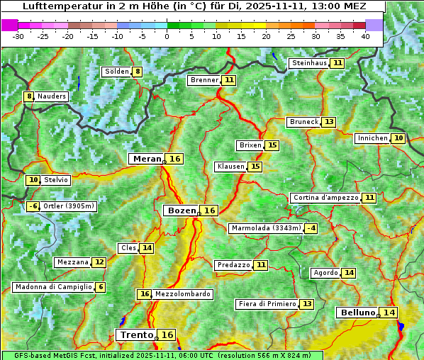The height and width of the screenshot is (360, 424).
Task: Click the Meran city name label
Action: click(147, 159)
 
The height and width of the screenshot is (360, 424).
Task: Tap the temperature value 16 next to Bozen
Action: click(209, 210)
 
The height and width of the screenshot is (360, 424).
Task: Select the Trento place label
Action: click(136, 334)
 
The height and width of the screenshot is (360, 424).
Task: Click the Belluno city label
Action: click(357, 313)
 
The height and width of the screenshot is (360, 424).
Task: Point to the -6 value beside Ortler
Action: click(33, 206)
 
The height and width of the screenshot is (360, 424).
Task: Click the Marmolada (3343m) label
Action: click(266, 228)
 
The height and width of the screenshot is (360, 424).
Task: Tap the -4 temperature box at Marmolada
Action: click(311, 228)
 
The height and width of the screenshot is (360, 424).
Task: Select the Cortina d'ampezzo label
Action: click(325, 198)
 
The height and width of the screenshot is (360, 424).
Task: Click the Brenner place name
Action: click(204, 80)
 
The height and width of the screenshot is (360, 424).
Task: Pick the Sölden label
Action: click(116, 72)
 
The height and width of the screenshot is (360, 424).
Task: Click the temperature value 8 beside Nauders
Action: click(29, 96)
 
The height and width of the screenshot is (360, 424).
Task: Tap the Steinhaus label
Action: click(309, 63)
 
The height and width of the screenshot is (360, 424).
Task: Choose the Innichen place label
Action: click(372, 138)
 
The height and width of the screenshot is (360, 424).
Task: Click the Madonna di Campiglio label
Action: click(52, 287)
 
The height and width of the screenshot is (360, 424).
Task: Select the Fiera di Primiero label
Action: click(267, 304)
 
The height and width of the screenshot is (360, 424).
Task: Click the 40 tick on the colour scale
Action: click(365, 36)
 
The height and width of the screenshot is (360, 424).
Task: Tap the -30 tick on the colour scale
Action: click(18, 36)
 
